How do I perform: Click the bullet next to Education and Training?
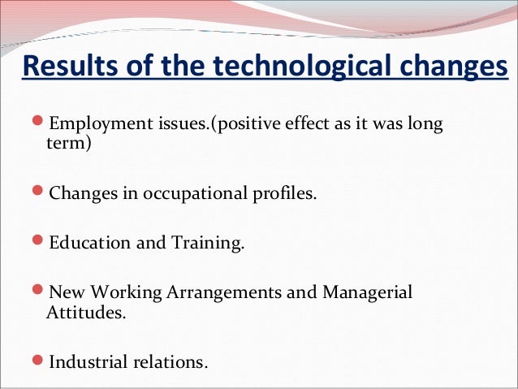click(40, 244)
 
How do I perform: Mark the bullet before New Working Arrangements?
click(40, 292)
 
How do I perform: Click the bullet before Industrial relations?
click(40, 361)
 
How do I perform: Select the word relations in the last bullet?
click(171, 361)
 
